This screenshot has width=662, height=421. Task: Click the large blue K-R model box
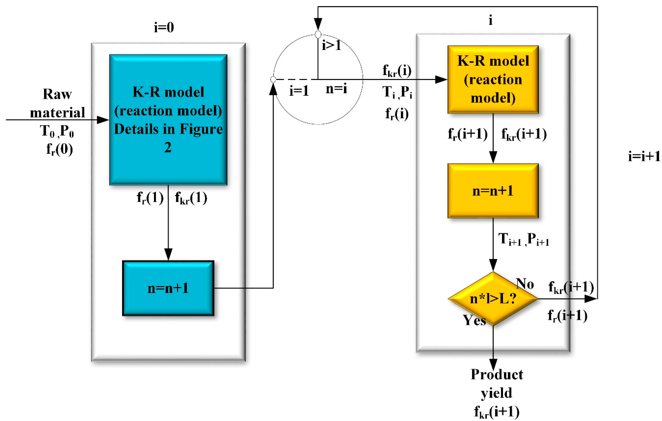click(168, 120)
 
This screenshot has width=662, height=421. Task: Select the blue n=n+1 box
click(168, 288)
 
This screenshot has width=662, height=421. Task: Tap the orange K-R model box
click(493, 80)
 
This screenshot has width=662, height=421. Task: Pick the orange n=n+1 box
click(493, 191)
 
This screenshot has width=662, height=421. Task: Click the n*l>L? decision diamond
click(493, 299)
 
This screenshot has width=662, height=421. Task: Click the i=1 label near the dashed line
click(299, 91)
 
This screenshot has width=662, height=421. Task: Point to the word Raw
click(57, 94)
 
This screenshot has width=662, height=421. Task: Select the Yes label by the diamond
click(474, 320)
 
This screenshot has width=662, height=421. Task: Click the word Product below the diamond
click(496, 374)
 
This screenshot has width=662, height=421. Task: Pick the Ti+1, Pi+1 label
click(524, 240)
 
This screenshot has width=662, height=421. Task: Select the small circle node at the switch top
click(318, 35)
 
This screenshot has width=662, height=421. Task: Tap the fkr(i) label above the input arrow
click(397, 71)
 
